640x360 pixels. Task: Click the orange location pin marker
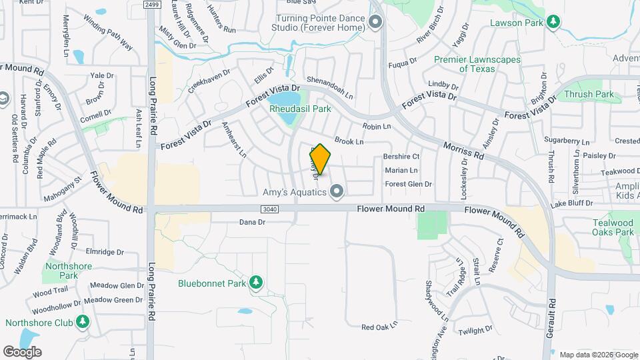pos(320,159)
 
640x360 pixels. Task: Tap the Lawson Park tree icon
pos(553,22)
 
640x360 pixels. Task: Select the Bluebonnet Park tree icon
pos(255,283)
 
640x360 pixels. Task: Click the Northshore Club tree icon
pos(83,323)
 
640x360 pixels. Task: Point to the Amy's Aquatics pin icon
pos(337,193)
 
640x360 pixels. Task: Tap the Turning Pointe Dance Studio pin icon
pos(375,23)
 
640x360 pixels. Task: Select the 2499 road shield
pos(153,4)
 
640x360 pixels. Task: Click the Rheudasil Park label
pos(300,109)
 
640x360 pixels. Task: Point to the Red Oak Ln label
pos(379,327)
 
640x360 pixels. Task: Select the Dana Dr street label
pos(252,222)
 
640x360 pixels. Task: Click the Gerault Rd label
pos(551,316)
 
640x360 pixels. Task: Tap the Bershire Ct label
pos(401,157)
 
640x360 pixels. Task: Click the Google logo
pos(23,351)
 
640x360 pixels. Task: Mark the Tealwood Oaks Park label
pos(613,227)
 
